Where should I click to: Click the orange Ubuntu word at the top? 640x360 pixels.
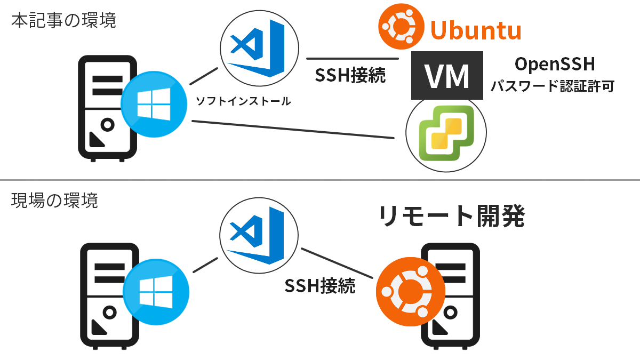475,30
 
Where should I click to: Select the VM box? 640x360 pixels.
447,76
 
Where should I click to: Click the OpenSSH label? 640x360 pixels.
554,65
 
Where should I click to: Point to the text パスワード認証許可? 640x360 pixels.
551,86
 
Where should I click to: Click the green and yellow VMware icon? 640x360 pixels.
446,133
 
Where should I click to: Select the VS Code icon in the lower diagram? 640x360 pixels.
259,236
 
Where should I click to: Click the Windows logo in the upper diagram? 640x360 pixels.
154,104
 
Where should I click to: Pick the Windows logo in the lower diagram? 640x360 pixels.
156,292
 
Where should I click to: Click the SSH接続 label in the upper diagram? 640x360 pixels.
350,76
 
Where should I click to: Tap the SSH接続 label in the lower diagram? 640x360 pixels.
319,286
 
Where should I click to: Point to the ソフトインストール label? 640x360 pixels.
243,101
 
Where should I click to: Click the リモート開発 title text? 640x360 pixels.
452,216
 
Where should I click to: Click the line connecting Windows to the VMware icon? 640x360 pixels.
293,130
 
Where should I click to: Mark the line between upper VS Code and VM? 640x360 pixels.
353,58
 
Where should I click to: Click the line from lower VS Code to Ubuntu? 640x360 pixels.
337,263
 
